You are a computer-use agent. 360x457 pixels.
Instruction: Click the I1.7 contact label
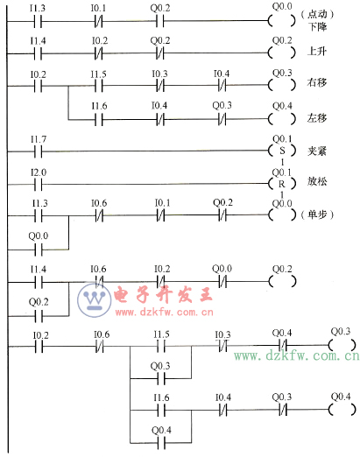click(x=38, y=139)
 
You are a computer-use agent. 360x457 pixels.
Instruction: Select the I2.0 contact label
click(x=38, y=173)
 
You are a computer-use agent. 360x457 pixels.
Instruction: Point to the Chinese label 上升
click(x=315, y=52)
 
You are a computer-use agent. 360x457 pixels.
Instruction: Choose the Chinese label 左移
click(x=315, y=117)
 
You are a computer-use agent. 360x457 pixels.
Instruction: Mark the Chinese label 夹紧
click(x=315, y=151)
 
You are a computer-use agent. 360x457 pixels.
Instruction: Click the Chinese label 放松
click(x=315, y=185)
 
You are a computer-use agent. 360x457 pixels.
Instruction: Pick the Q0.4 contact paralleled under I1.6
click(x=161, y=442)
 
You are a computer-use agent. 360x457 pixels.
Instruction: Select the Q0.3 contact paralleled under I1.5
click(x=161, y=378)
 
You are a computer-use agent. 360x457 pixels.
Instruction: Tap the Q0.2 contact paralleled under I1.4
click(x=38, y=313)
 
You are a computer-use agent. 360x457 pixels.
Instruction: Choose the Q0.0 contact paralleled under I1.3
click(x=38, y=246)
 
